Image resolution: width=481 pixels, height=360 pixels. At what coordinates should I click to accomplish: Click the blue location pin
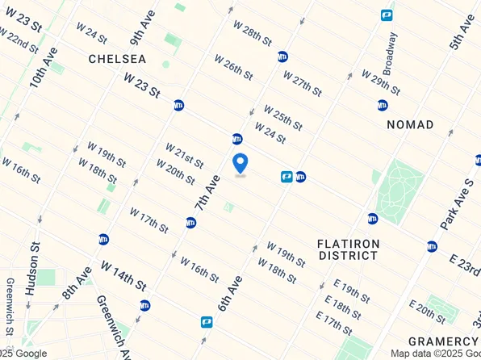(240, 163)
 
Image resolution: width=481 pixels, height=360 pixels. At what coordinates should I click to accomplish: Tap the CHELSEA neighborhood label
(117, 59)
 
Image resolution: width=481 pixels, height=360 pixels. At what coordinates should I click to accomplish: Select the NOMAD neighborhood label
(410, 124)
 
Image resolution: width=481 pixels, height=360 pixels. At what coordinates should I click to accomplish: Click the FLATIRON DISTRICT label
(347, 249)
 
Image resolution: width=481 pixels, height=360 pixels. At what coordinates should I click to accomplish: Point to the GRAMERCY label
(442, 341)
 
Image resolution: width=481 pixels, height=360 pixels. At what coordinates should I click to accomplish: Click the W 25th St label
(282, 117)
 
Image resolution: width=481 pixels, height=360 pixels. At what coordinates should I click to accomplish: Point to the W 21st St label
(184, 153)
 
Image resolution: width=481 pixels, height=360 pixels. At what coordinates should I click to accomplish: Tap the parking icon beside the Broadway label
(387, 15)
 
